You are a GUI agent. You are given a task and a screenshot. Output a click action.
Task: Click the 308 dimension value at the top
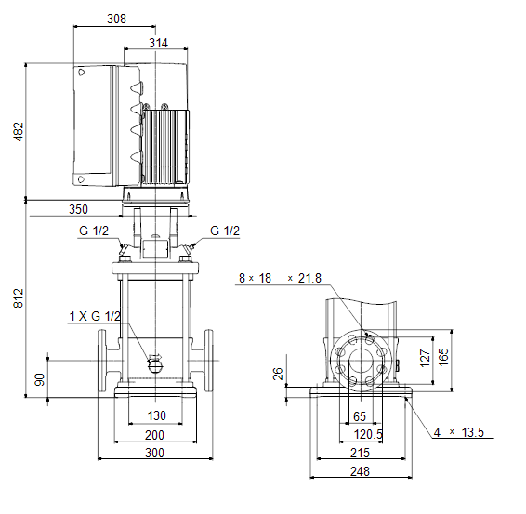pyautogui.click(x=116, y=19)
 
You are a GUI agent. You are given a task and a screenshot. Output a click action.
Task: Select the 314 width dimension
pyautogui.click(x=158, y=43)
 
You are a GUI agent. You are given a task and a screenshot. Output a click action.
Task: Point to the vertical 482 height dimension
pyautogui.click(x=19, y=131)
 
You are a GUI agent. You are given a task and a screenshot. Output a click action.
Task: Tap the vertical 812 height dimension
pyautogui.click(x=19, y=298)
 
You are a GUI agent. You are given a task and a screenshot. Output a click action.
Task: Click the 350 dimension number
pyautogui.click(x=78, y=209)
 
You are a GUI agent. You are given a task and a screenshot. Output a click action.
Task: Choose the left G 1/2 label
pyautogui.click(x=94, y=231)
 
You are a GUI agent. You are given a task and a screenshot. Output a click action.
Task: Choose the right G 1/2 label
pyautogui.click(x=225, y=231)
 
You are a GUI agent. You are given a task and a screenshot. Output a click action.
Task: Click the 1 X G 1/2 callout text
pyautogui.click(x=95, y=316)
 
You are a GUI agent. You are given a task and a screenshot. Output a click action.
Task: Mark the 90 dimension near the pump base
pyautogui.click(x=40, y=379)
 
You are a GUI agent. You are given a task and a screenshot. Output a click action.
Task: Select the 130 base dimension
pyautogui.click(x=157, y=415)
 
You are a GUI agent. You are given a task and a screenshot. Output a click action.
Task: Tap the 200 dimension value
pyautogui.click(x=154, y=435)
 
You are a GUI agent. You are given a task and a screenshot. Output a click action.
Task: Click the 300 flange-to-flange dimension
pyautogui.click(x=154, y=453)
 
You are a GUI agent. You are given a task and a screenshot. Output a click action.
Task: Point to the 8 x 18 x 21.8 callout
pyautogui.click(x=280, y=278)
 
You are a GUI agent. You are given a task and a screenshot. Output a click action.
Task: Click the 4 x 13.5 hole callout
pyautogui.click(x=458, y=432)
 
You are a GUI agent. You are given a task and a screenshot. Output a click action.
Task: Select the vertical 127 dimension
pyautogui.click(x=425, y=358)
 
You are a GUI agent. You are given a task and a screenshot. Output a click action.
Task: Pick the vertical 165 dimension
pyautogui.click(x=443, y=357)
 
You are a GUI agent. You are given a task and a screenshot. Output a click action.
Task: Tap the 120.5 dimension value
pyautogui.click(x=368, y=434)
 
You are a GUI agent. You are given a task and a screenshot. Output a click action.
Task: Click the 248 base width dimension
pyautogui.click(x=360, y=472)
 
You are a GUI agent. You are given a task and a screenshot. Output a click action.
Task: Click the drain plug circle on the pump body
pyautogui.click(x=155, y=365)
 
